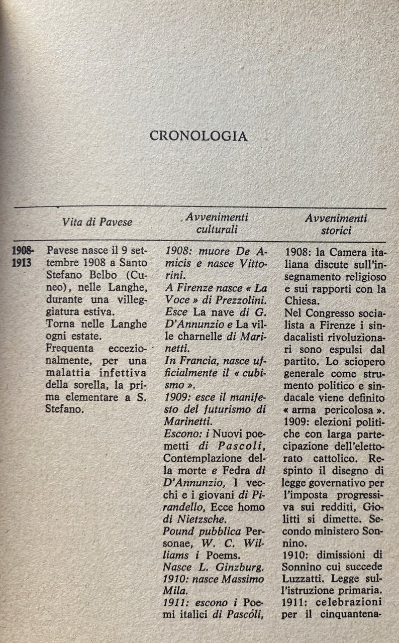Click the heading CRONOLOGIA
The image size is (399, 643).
(199, 136)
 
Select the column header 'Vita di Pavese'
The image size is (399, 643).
(97, 222)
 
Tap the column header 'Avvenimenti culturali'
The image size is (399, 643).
(217, 224)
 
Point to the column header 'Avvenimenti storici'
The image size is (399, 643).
(336, 224)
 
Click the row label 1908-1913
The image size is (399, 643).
(23, 257)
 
